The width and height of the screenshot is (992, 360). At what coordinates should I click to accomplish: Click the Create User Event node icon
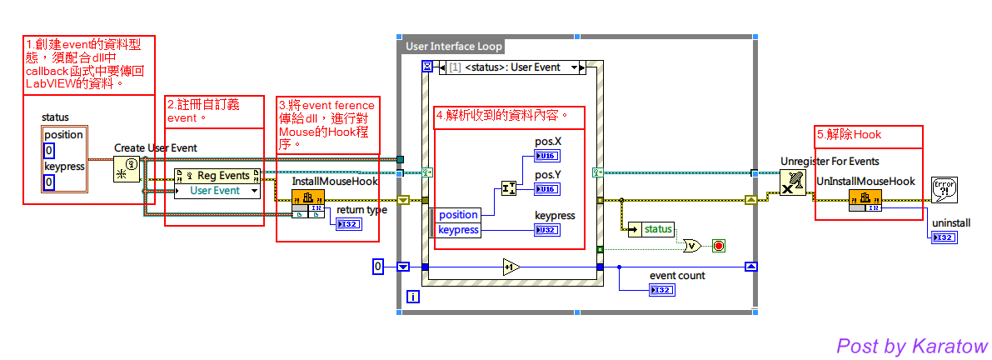point(126,170)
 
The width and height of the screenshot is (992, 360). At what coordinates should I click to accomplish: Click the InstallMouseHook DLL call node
point(307,199)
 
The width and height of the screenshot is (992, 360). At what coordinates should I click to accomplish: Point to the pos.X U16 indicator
point(547,156)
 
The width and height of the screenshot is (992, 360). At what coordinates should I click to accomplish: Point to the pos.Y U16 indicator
point(547,189)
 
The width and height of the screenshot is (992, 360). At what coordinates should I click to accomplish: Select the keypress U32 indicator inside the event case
point(547,230)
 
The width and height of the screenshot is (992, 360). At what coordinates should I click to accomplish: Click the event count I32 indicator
point(662,290)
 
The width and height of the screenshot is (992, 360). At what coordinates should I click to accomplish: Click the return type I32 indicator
point(349,224)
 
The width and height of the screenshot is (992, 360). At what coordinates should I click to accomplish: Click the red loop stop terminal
point(718,246)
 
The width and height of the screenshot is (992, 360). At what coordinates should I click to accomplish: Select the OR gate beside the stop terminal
point(692,246)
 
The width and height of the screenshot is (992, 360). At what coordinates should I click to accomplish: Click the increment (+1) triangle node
point(511,267)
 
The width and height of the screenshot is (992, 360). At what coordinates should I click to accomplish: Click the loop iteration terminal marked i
point(412,297)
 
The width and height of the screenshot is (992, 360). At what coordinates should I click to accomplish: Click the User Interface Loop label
point(453,46)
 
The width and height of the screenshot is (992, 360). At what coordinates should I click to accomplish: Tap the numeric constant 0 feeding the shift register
point(378,267)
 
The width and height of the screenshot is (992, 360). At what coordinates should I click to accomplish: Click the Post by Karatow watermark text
point(911,345)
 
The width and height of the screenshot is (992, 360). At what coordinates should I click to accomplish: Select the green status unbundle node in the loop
point(651,229)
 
